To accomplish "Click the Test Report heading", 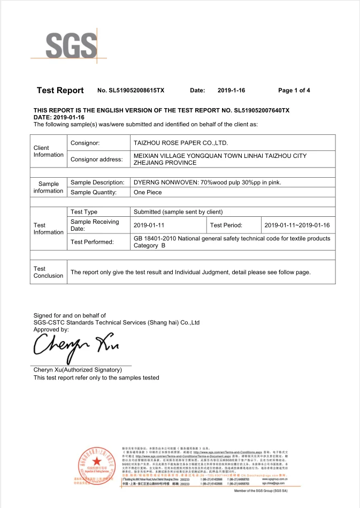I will tap(60, 90).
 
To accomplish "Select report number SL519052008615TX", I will tap(131, 90).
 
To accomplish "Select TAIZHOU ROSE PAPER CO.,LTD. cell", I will tap(180, 143).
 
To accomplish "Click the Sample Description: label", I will tap(97, 183).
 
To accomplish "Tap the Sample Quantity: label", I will tap(94, 192).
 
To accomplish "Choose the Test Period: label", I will tap(226, 225).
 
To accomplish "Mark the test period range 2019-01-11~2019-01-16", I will tap(297, 225).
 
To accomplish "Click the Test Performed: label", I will tap(92, 242).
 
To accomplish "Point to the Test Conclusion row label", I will tap(48, 272).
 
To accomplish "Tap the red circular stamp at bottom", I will tap(96, 463).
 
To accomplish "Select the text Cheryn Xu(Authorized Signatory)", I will tap(78, 370).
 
